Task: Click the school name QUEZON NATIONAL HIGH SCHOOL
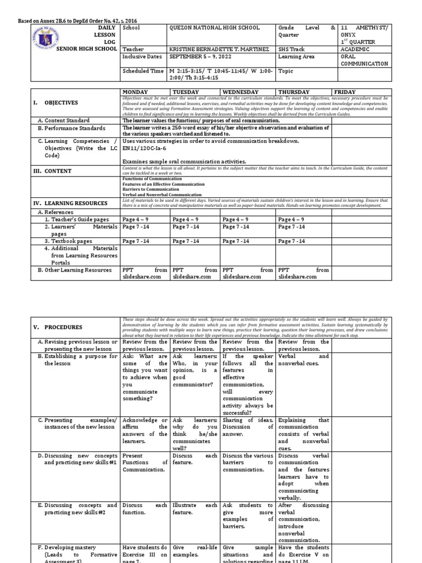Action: (214, 28)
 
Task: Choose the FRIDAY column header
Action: (345, 92)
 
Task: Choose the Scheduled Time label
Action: (142, 71)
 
